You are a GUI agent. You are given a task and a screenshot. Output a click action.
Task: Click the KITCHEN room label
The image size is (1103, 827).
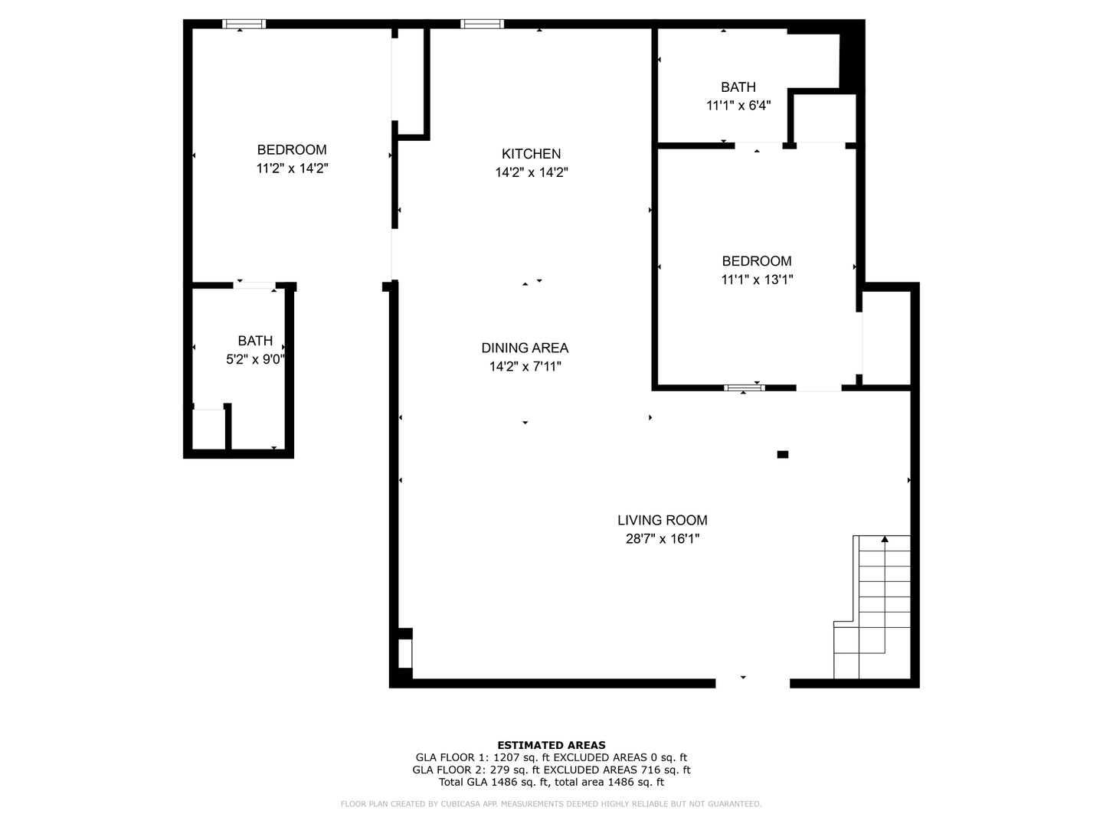point(531,154)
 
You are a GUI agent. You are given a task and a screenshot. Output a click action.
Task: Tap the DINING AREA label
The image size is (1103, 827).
point(525,348)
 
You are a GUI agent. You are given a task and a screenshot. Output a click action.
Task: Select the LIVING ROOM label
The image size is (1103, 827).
point(663,520)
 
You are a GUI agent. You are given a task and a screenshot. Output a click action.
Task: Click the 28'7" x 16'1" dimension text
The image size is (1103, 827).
point(663,539)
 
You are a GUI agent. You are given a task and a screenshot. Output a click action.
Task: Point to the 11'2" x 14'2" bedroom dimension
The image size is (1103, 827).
point(292,168)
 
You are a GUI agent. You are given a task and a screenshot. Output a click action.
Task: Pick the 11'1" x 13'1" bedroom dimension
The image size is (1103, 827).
point(757,279)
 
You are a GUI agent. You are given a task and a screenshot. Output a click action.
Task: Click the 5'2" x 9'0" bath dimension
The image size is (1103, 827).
point(255,360)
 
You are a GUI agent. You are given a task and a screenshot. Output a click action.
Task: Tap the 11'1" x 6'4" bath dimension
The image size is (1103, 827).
point(738,106)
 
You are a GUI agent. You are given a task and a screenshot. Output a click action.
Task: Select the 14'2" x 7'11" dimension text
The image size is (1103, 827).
point(525,367)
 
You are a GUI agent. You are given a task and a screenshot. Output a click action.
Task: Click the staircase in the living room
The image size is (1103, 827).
point(872,606)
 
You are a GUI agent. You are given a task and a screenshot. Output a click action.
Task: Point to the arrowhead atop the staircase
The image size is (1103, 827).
point(885,539)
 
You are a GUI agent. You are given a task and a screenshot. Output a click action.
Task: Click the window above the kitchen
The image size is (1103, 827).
point(482,24)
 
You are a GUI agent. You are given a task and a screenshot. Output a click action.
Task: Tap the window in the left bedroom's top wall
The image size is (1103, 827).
point(244,24)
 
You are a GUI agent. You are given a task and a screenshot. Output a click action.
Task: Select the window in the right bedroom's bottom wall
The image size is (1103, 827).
point(745,387)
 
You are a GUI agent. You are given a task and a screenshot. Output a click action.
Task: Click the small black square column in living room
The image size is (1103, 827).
point(782,454)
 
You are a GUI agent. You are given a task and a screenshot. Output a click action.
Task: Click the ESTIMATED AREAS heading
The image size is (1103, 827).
point(551,746)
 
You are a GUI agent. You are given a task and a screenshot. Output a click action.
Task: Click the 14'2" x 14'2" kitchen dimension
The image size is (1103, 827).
point(531,173)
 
